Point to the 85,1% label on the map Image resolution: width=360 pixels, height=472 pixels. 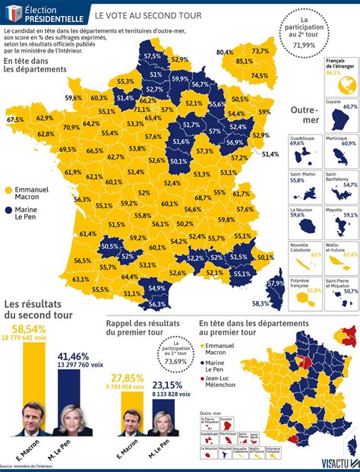(x=245, y=61)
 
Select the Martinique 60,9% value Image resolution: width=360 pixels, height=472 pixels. (x=349, y=143)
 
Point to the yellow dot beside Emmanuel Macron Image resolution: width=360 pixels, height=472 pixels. (x=8, y=190)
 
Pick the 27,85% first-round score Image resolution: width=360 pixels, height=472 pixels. (x=128, y=378)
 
